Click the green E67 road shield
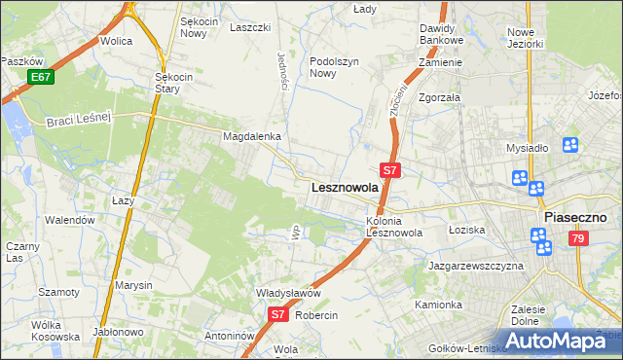click(x=40, y=77)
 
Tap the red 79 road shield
click(x=578, y=238)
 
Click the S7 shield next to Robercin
click(x=277, y=314)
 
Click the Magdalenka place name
click(x=252, y=137)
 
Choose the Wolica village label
click(x=116, y=42)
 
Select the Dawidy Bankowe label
click(x=442, y=35)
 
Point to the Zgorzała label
click(x=439, y=97)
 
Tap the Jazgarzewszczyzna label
click(x=475, y=265)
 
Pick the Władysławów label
click(x=288, y=293)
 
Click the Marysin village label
click(x=133, y=285)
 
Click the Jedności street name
click(x=283, y=71)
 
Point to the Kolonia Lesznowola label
click(x=394, y=227)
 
